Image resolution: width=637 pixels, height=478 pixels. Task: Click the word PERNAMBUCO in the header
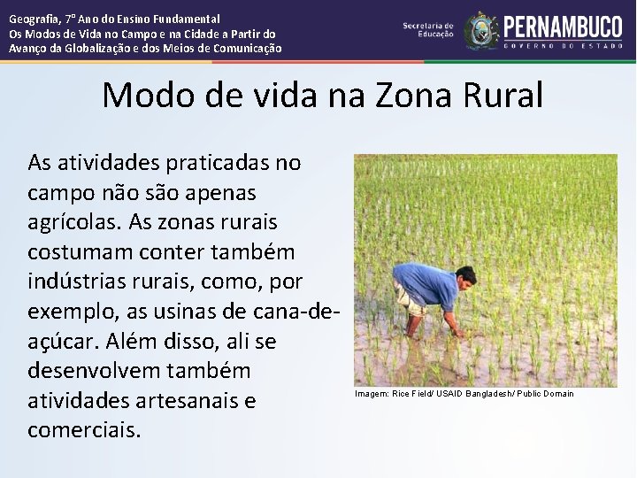pos(564,26)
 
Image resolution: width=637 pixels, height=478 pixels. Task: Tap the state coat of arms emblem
pos(481,30)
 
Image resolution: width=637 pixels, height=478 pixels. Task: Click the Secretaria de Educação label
pos(428,30)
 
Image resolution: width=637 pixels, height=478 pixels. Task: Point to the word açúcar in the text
pos(60,342)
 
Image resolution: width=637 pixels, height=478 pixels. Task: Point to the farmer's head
pos(467,276)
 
